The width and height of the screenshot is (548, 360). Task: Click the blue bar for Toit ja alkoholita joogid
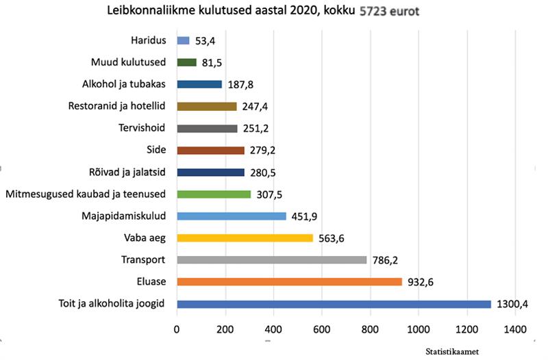pyautogui.click(x=334, y=304)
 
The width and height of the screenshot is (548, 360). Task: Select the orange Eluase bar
pyautogui.click(x=289, y=281)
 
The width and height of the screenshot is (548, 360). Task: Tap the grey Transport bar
pyautogui.click(x=271, y=259)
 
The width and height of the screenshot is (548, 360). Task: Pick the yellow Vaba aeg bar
pyautogui.click(x=245, y=238)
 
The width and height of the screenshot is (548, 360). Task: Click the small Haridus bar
pyautogui.click(x=183, y=40)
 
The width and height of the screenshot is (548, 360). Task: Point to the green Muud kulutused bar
pyautogui.click(x=186, y=62)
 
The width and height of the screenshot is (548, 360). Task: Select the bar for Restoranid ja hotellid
pyautogui.click(x=206, y=106)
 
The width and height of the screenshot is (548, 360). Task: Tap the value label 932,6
pyautogui.click(x=422, y=282)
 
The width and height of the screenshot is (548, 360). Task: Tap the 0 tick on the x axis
pyautogui.click(x=177, y=329)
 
